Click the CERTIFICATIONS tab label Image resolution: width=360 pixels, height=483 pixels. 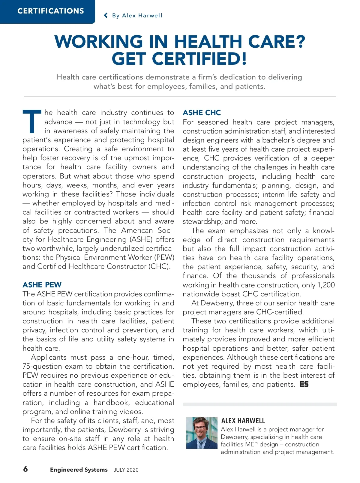[x=51, y=11]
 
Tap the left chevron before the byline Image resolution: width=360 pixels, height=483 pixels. [x=106, y=15]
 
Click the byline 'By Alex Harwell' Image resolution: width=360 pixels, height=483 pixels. [x=137, y=16]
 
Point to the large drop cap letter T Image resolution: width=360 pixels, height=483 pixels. [x=32, y=121]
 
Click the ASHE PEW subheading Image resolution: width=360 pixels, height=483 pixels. [x=42, y=285]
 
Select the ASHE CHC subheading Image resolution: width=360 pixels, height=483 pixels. [x=202, y=113]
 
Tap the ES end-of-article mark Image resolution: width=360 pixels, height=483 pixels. [x=304, y=384]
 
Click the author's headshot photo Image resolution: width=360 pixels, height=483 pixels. [x=202, y=433]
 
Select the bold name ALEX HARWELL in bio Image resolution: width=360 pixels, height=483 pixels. [x=243, y=421]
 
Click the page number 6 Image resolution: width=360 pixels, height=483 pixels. [x=25, y=469]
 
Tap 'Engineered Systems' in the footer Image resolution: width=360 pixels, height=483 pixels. [x=79, y=470]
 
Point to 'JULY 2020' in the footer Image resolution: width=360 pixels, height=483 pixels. [x=126, y=470]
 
